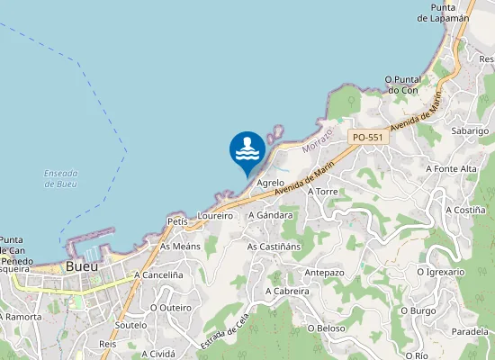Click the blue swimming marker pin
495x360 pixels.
point(247,150)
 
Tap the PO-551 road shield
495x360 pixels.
point(369,137)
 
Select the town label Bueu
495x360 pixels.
point(81,267)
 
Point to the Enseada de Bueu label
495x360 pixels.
point(60,178)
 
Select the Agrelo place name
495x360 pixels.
point(271,183)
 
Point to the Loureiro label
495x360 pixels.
point(215,216)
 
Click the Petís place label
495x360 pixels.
point(177,220)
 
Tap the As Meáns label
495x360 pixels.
point(180,246)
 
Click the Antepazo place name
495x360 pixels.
point(325,273)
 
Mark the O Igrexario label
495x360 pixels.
point(441,271)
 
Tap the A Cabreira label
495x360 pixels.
point(287,292)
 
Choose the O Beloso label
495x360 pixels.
point(326,328)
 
